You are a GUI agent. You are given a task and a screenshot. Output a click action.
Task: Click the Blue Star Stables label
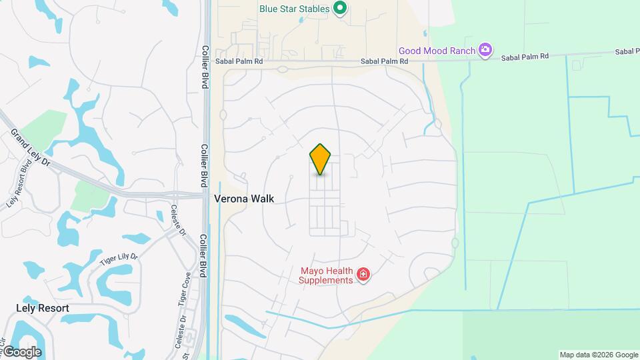[294, 9]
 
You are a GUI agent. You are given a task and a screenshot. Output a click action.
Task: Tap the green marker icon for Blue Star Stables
[339, 9]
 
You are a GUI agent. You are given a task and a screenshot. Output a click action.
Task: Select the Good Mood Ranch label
[437, 51]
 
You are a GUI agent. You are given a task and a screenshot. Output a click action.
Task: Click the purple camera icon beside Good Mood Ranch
[486, 50]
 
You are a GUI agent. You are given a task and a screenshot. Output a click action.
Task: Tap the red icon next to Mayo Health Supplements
[363, 275]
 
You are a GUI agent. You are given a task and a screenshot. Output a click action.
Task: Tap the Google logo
[21, 352]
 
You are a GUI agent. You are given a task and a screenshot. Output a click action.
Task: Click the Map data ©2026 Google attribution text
[599, 355]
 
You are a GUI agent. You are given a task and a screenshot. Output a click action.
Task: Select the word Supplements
[325, 280]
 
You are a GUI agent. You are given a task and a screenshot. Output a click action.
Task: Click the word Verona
[230, 199]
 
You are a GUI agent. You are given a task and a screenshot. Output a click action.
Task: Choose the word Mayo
[312, 271]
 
